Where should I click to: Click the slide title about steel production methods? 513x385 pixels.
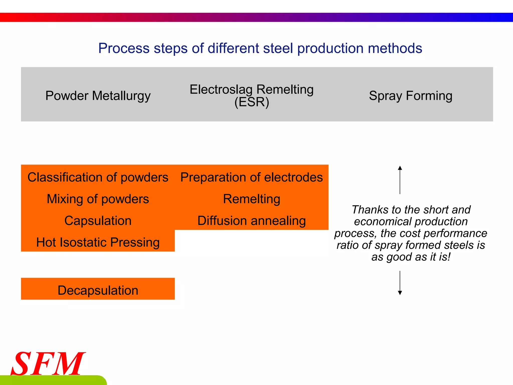pyautogui.click(x=260, y=48)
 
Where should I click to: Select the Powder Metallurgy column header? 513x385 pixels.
pyautogui.click(x=98, y=96)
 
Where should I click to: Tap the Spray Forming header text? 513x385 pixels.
pyautogui.click(x=411, y=96)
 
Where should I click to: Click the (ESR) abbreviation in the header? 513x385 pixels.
pyautogui.click(x=252, y=102)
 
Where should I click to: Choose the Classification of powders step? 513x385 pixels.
pyautogui.click(x=98, y=177)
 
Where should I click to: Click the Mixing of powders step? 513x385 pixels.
pyautogui.click(x=98, y=199)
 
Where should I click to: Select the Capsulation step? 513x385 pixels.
pyautogui.click(x=98, y=221)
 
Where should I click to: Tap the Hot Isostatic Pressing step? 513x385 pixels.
pyautogui.click(x=98, y=242)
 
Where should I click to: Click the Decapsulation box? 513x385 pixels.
pyautogui.click(x=98, y=290)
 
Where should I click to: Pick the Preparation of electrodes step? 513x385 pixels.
pyautogui.click(x=251, y=177)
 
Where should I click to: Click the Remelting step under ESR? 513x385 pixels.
pyautogui.click(x=251, y=199)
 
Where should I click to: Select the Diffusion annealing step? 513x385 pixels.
pyautogui.click(x=251, y=221)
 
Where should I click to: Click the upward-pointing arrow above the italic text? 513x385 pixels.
pyautogui.click(x=400, y=179)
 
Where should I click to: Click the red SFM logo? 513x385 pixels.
pyautogui.click(x=48, y=363)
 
